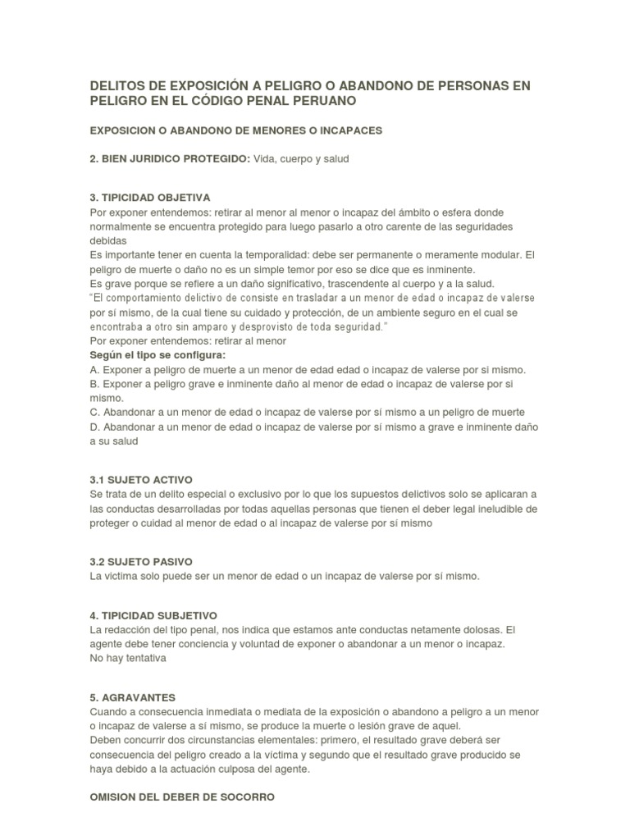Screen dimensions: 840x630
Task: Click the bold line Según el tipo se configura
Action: tap(157, 355)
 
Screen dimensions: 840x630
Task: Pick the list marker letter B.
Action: tap(94, 384)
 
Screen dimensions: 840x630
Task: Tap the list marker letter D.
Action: tap(94, 427)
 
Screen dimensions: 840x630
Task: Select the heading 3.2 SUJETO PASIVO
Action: tap(141, 562)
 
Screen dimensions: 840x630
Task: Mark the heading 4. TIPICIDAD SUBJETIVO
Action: tap(153, 615)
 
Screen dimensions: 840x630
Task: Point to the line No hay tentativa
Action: tap(128, 658)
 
